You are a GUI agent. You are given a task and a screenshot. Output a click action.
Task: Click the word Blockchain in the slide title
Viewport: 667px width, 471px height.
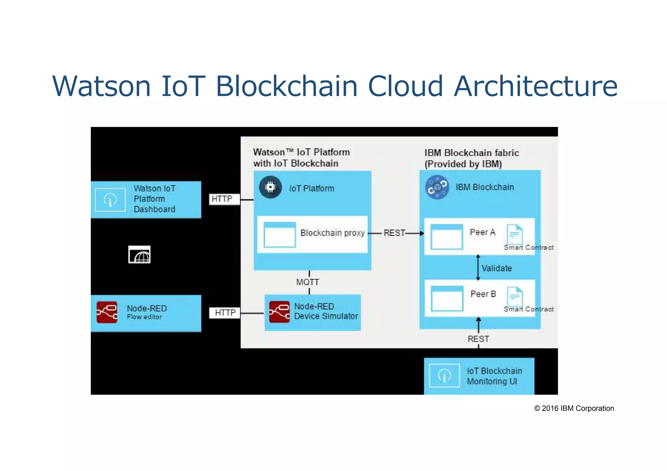click(287, 86)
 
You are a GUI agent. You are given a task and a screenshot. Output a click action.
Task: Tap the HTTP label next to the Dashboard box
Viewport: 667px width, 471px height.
click(222, 199)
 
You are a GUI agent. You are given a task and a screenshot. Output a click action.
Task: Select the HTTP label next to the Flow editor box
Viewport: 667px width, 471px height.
click(225, 313)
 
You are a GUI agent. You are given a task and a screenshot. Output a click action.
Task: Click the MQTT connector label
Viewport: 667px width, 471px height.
click(307, 282)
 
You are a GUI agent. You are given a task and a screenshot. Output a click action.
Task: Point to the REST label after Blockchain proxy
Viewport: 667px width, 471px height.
click(394, 233)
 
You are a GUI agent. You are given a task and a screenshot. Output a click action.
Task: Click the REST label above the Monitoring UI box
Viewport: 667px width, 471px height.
click(478, 339)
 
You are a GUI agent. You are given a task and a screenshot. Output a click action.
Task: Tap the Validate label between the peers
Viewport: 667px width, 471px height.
click(497, 268)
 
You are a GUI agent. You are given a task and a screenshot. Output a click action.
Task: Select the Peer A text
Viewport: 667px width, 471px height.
click(482, 232)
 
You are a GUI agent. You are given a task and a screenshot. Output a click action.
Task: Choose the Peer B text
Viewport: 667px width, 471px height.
click(483, 294)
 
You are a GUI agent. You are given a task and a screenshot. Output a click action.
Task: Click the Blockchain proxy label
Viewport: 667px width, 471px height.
click(332, 233)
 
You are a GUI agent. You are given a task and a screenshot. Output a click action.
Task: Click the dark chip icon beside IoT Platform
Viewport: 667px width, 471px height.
click(270, 187)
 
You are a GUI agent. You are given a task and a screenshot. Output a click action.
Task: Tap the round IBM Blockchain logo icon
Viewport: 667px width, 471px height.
click(437, 187)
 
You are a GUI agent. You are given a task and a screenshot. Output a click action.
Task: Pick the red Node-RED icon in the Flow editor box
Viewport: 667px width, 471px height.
click(107, 312)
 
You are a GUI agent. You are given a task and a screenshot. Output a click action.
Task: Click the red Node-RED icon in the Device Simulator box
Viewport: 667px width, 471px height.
click(279, 312)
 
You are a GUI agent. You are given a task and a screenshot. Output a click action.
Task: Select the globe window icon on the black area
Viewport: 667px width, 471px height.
click(139, 255)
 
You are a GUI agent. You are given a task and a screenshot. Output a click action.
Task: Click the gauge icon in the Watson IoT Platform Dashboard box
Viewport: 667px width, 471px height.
click(110, 200)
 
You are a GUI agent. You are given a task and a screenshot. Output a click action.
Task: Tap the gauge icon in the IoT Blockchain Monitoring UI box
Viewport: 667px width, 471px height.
click(444, 376)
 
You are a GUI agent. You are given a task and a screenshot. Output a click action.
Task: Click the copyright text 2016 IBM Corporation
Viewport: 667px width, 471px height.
click(574, 409)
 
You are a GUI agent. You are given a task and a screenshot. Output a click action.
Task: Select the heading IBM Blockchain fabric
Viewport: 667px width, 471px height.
click(472, 153)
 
